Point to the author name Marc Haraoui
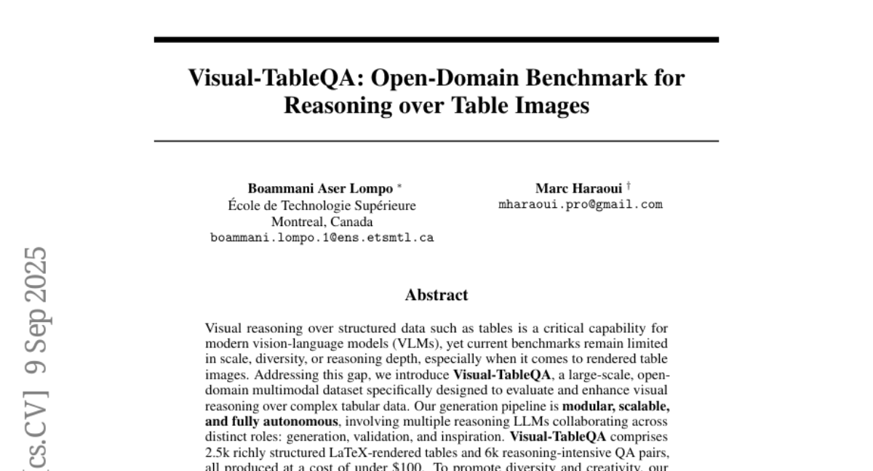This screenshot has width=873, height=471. pyautogui.click(x=578, y=188)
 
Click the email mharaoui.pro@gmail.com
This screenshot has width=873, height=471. pyautogui.click(x=581, y=204)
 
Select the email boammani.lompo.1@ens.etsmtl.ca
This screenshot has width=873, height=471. pyautogui.click(x=322, y=237)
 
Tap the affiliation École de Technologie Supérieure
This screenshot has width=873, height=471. pyautogui.click(x=322, y=206)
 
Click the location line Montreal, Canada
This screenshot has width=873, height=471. pyautogui.click(x=322, y=221)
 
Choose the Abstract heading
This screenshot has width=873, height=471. pyautogui.click(x=436, y=295)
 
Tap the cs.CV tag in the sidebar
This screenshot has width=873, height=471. pyautogui.click(x=35, y=436)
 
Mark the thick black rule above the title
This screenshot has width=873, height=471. pyautogui.click(x=436, y=39)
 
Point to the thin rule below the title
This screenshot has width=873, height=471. pyautogui.click(x=436, y=140)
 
